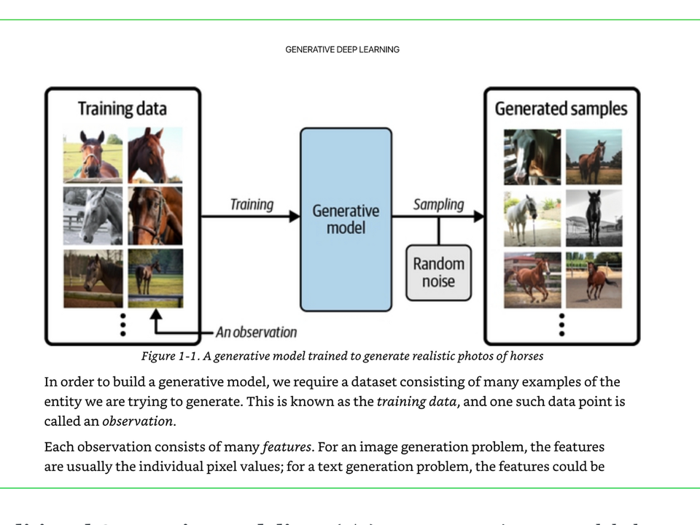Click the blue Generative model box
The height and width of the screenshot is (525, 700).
pos(346,219)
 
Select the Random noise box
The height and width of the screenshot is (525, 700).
pos(438,273)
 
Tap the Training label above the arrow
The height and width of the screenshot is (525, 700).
pos(252,204)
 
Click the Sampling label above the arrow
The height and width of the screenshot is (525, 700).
pos(438,204)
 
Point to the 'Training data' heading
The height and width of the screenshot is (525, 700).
pos(122,109)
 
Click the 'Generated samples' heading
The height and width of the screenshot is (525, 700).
pos(561,109)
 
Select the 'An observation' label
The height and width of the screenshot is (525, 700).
pos(256,332)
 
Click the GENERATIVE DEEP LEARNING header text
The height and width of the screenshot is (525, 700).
pos(342,50)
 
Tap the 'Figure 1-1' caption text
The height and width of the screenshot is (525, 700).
pos(342,357)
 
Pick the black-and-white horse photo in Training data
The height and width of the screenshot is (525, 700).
pos(92,216)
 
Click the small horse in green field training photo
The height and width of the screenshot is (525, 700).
pos(155,278)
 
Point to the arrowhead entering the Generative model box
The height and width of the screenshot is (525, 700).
pos(294,216)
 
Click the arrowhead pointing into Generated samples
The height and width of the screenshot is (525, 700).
pos(478,216)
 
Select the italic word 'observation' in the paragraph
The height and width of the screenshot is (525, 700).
pos(138,421)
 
